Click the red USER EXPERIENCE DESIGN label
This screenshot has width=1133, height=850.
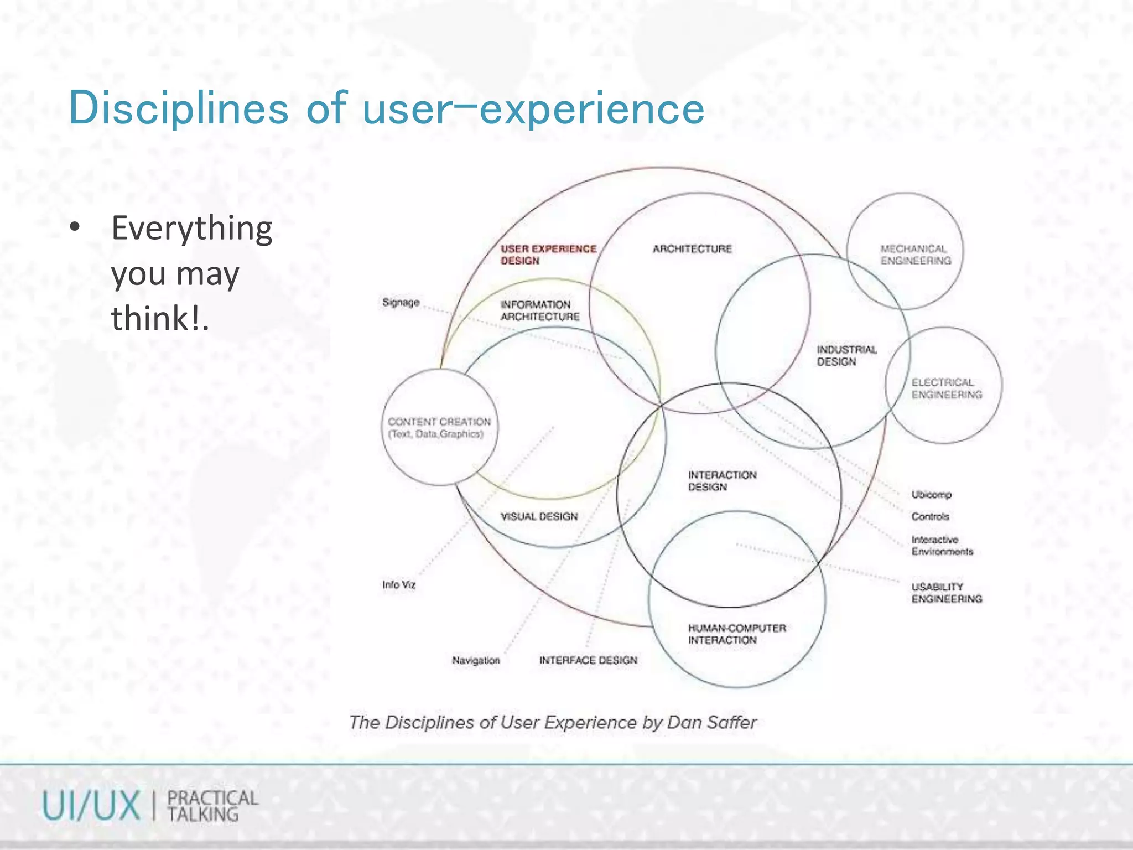pyautogui.click(x=548, y=255)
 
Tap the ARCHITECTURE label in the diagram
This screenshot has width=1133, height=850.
pyautogui.click(x=692, y=249)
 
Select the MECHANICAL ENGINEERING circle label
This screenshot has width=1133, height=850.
pyautogui.click(x=916, y=255)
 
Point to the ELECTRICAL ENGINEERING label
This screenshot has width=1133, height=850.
pyautogui.click(x=947, y=388)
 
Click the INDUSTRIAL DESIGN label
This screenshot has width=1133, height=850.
pyautogui.click(x=846, y=355)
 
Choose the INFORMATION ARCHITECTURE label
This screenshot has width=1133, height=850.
pyautogui.click(x=539, y=310)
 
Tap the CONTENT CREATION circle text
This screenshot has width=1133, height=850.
pyautogui.click(x=439, y=427)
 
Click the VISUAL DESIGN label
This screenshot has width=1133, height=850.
pyautogui.click(x=539, y=516)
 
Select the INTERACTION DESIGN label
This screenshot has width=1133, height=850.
pyautogui.click(x=721, y=481)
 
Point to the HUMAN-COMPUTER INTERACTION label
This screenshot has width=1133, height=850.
pyautogui.click(x=736, y=634)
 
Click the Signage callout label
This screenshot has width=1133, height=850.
pyautogui.click(x=401, y=303)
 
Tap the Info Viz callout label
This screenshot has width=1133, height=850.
pyautogui.click(x=398, y=585)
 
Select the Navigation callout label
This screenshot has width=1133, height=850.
pyautogui.click(x=476, y=660)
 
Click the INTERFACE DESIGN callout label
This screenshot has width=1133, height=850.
pyautogui.click(x=588, y=660)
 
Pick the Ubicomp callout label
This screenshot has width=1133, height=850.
pyautogui.click(x=931, y=494)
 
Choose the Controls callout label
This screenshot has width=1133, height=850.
pyautogui.click(x=930, y=516)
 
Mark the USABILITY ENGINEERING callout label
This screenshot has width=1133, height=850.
pyautogui.click(x=947, y=593)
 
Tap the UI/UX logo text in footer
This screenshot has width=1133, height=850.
pyautogui.click(x=91, y=806)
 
